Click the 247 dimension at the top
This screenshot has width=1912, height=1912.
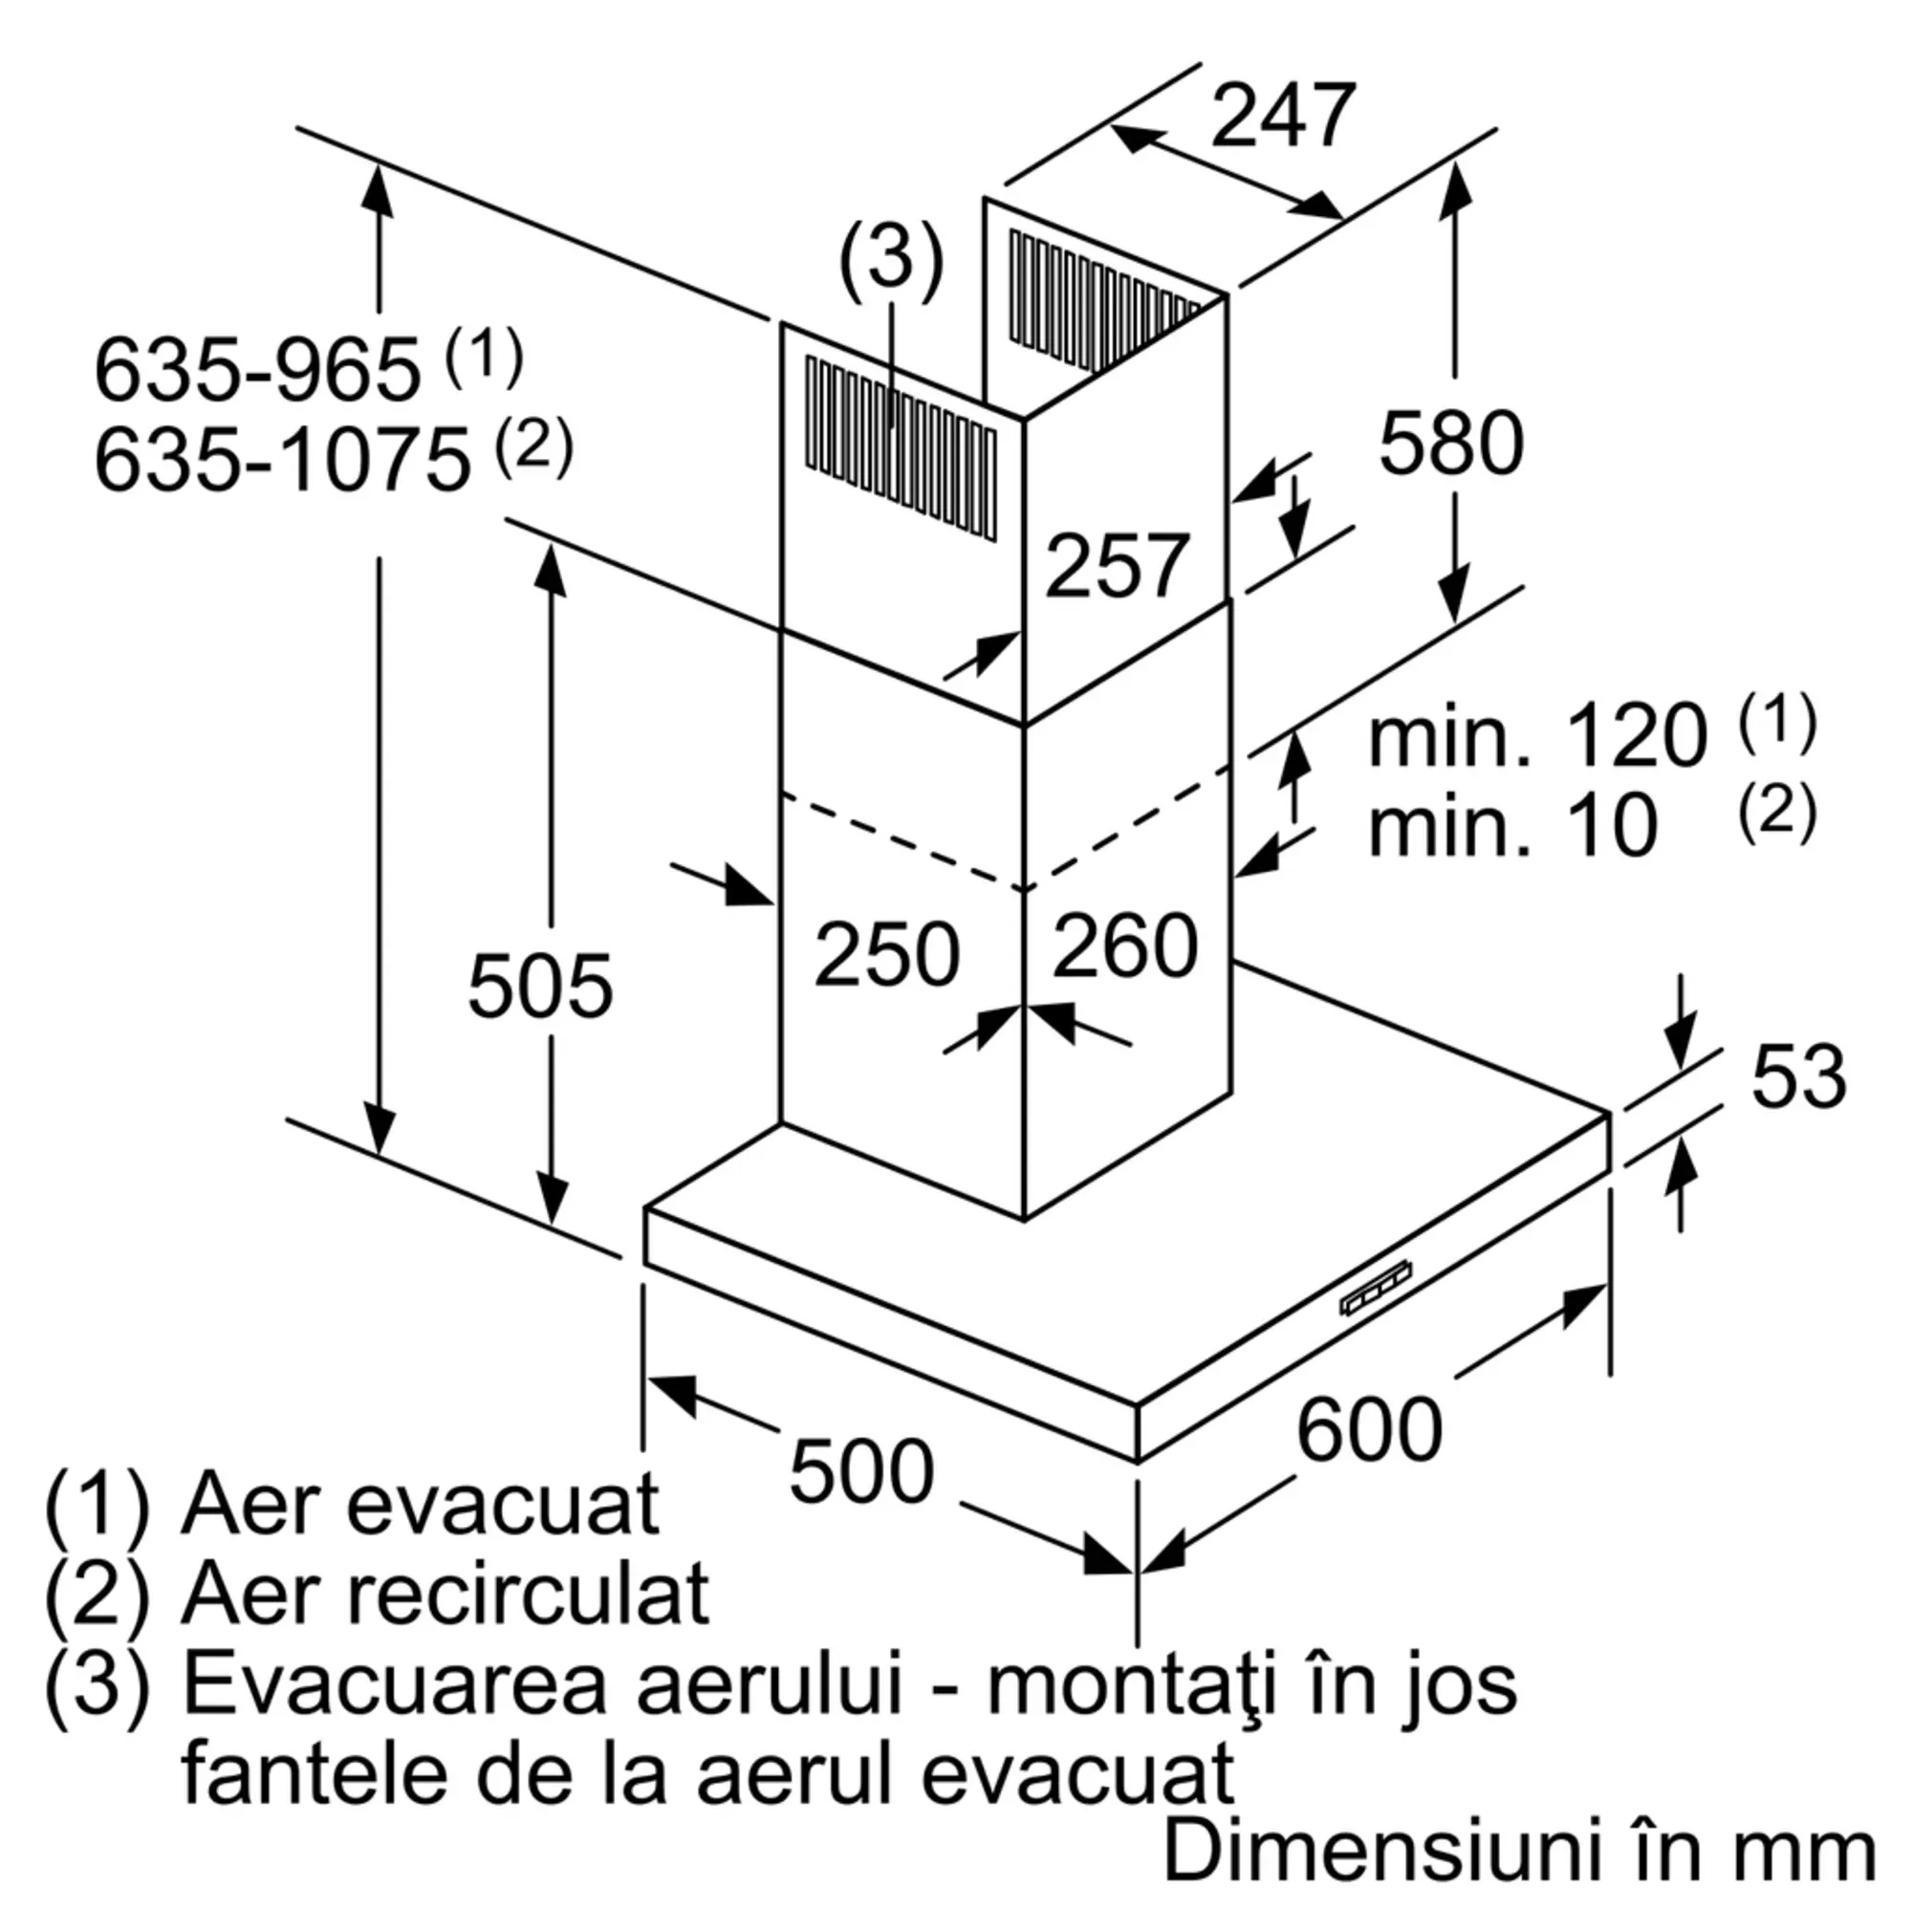(x=1283, y=116)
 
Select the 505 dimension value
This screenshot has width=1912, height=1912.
(x=540, y=986)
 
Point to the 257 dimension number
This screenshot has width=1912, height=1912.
(x=1117, y=565)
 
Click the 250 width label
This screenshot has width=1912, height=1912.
(x=887, y=954)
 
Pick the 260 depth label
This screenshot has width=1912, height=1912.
(x=1125, y=946)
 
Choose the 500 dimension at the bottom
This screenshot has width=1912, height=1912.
(x=861, y=1470)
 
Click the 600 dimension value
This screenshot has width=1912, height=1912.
(x=1369, y=1428)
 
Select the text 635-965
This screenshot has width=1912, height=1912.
(x=257, y=370)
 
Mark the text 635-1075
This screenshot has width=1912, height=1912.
(x=282, y=459)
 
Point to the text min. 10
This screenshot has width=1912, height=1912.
(x=1512, y=824)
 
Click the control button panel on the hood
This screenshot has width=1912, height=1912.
(x=1376, y=1289)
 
